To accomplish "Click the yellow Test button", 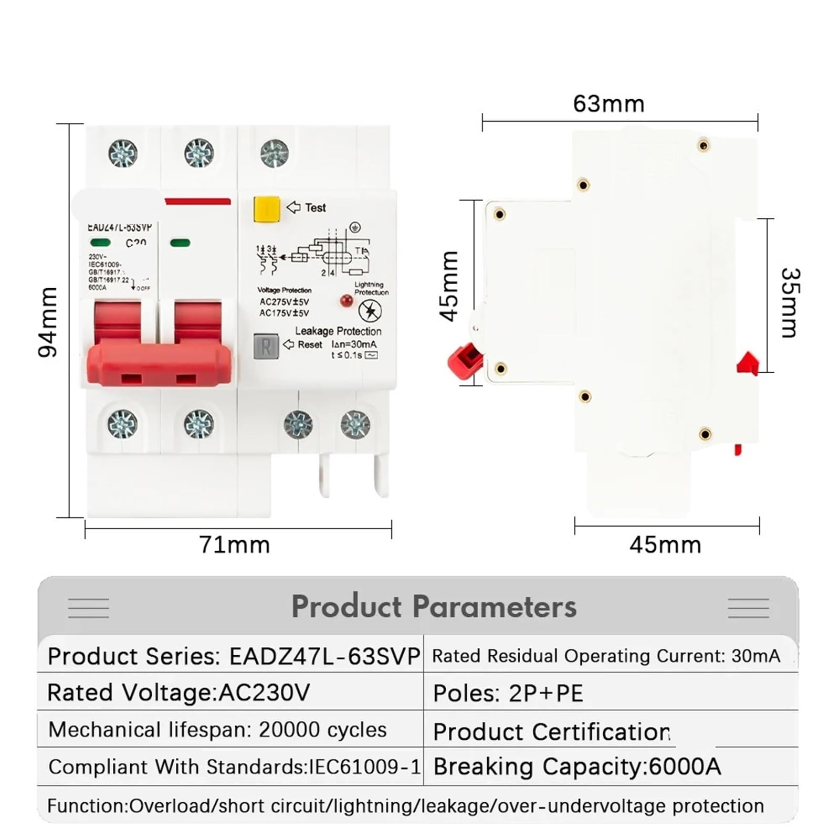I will coord(266,209).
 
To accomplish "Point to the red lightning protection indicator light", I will coord(346,301).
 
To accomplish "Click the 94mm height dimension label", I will coord(48,321).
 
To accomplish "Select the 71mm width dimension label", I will coord(234,545).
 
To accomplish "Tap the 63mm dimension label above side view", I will coord(608,104).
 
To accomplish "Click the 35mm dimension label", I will coord(789,303).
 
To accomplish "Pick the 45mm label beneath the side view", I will coord(665,545).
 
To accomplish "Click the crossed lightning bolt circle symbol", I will coord(370,311).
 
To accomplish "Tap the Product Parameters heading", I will coord(434,607).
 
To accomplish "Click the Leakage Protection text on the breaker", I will coord(338,331).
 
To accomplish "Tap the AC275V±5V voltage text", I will coord(285,302).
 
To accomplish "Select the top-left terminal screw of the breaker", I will coord(123,153).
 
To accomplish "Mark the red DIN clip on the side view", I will coord(748,363).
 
